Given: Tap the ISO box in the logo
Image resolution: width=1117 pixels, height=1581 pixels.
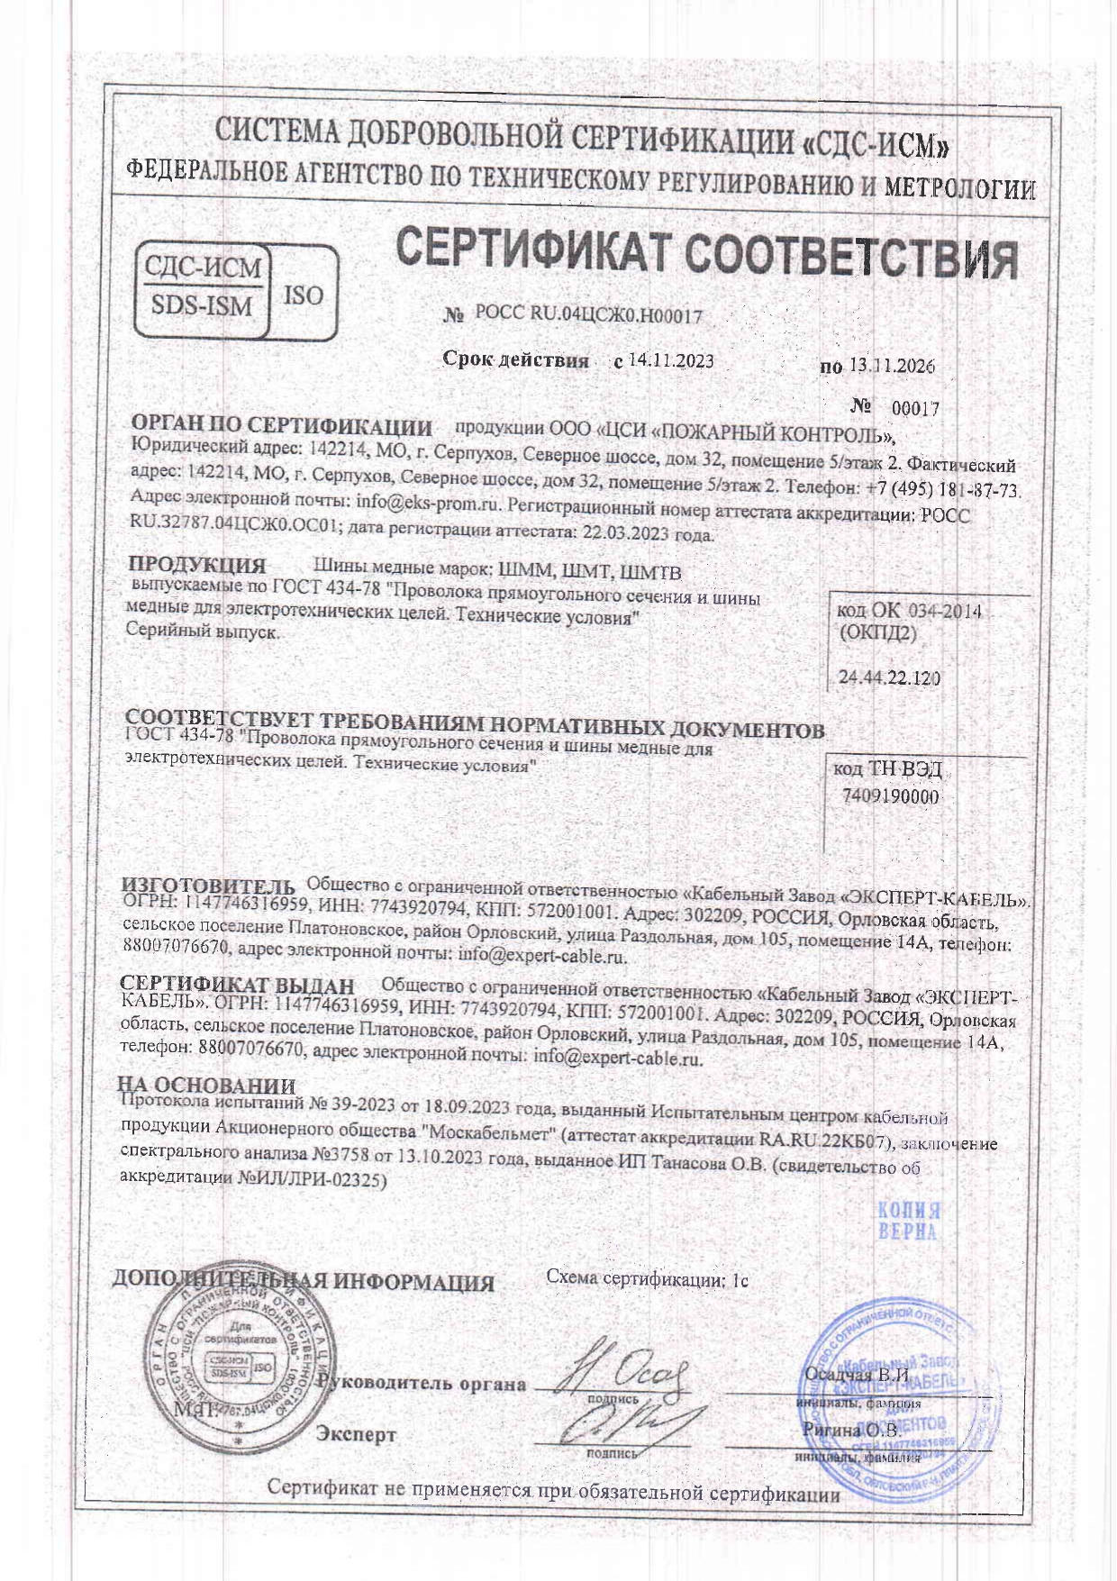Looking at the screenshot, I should click(304, 295).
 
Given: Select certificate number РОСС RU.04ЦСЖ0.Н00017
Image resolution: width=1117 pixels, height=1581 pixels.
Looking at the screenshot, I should click(588, 314).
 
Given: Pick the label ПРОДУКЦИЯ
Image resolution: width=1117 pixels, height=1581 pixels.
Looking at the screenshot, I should click(197, 566).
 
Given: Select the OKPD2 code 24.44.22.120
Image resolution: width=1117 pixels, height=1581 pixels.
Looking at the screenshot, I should click(889, 677).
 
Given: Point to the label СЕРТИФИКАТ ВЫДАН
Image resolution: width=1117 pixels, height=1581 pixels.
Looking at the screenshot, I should click(238, 986).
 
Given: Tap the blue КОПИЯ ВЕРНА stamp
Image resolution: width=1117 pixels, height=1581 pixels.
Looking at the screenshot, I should click(908, 1221).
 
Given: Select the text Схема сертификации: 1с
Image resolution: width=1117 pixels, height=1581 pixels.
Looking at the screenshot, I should click(648, 1278).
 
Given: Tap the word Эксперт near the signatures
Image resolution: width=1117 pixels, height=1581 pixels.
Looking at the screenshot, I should click(356, 1434).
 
